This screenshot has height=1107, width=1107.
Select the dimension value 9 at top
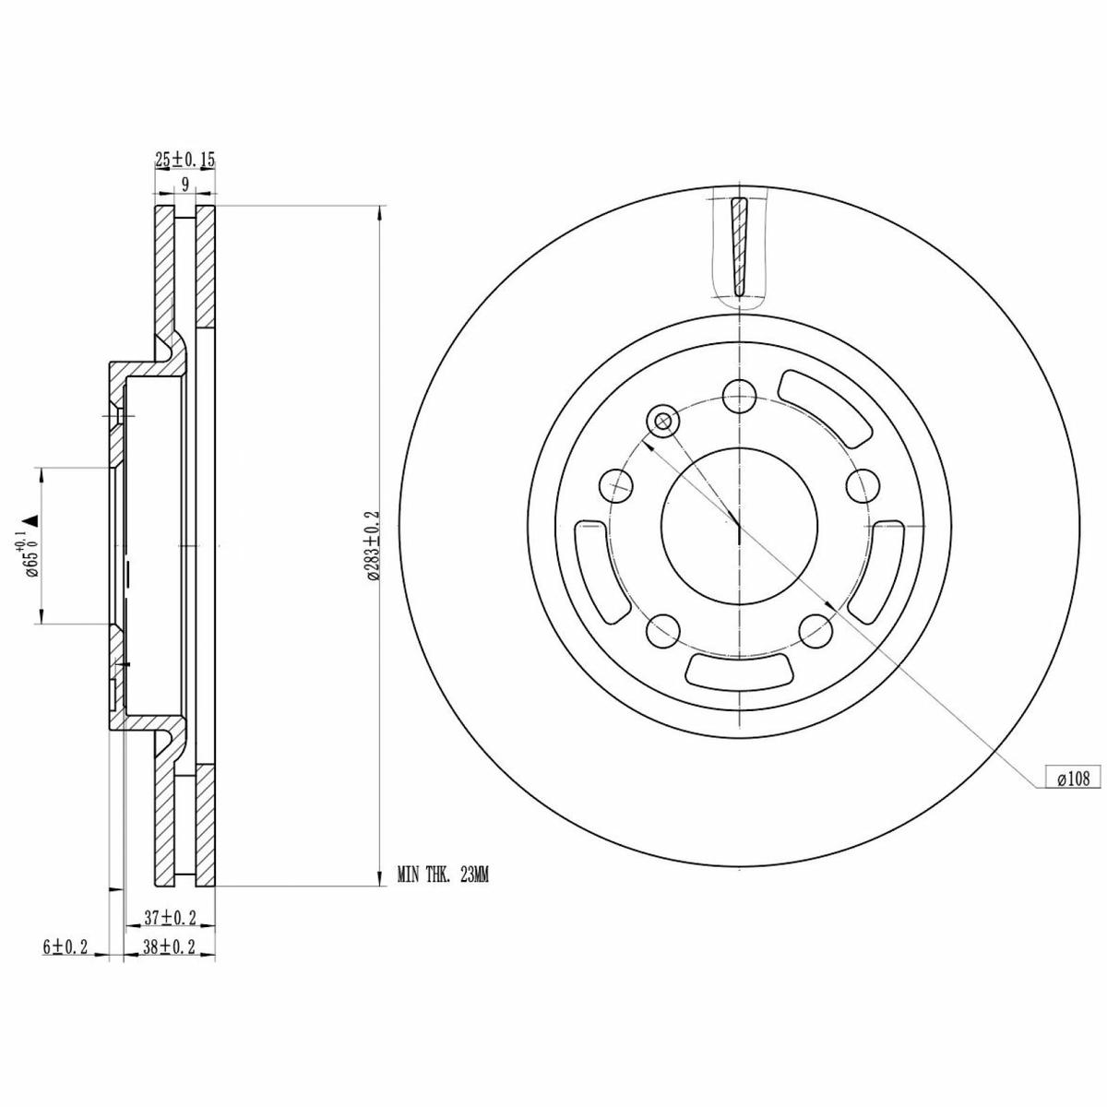[184, 184]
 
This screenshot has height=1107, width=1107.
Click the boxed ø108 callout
[1073, 779]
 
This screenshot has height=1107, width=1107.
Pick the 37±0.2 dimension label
[170, 918]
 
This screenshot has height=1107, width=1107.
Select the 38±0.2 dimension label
[170, 946]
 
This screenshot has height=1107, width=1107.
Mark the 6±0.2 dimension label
[65, 946]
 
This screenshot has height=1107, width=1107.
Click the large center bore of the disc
[739, 526]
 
